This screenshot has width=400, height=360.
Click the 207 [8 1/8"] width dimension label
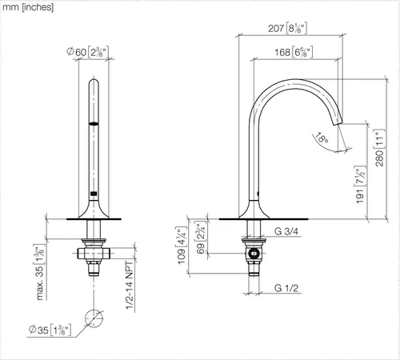pos(287,28)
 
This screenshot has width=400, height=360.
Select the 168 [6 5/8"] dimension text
pos(294,52)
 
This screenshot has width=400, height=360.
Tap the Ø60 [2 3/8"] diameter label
pos(88,51)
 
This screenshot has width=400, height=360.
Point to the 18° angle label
pos(322,138)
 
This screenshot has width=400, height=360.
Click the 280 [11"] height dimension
pos(380,148)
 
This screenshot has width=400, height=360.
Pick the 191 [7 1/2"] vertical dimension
pos(360,185)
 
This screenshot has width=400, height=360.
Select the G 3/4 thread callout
pos(286,231)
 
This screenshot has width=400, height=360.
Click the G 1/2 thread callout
pos(286,288)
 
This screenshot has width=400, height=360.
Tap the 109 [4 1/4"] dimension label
pos(182,246)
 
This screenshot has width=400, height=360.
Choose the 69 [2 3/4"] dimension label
pos(201,238)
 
